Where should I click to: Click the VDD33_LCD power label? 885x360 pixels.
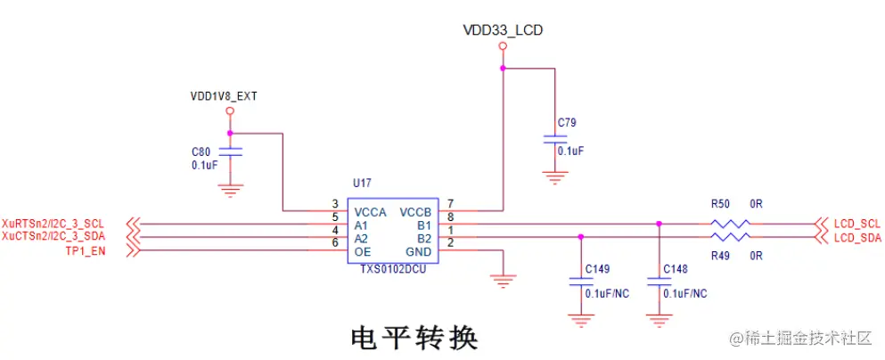coord(503,30)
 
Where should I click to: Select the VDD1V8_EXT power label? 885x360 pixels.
coord(224,95)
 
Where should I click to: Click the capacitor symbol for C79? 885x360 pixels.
coord(555,139)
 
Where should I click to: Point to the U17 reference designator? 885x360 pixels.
coord(362,183)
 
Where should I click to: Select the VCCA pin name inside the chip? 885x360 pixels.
coord(370,213)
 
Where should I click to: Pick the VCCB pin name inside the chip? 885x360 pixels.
coord(415,213)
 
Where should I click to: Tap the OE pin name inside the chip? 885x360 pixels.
coord(362,252)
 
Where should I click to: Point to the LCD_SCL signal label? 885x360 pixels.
coord(856,223)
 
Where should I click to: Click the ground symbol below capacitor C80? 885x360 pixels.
coord(230,188)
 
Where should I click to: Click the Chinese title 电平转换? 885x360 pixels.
coord(414,338)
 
